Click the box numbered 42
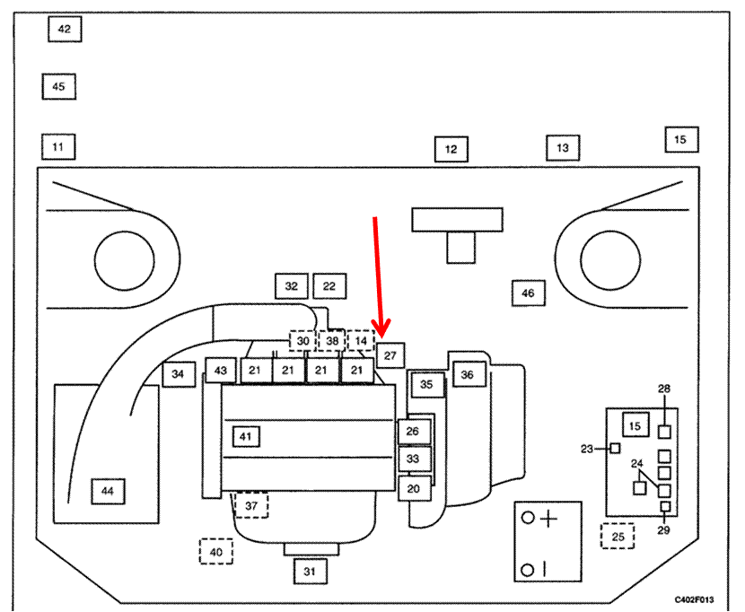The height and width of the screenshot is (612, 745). point(64,30)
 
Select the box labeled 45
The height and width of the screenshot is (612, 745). point(58,87)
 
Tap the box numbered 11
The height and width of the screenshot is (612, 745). point(58,145)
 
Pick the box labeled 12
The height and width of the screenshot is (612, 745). point(451,149)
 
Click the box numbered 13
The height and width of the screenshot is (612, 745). point(563,147)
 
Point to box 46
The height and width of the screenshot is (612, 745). point(528,293)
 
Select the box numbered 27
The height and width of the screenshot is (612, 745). point(390,355)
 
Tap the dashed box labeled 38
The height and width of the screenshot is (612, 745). point(332,341)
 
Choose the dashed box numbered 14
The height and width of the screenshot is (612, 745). point(361,341)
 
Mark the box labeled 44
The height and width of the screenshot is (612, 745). point(108,491)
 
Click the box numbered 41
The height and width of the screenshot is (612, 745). point(247,436)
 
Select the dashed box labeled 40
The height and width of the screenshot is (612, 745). point(215,551)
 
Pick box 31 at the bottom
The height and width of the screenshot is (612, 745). point(310,571)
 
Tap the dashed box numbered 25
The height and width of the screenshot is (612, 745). point(618,537)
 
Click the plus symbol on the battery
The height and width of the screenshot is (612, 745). point(548,519)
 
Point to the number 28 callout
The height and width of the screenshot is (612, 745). point(664,389)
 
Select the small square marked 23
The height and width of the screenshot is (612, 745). point(616,449)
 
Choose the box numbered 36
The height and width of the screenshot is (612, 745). point(468,375)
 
